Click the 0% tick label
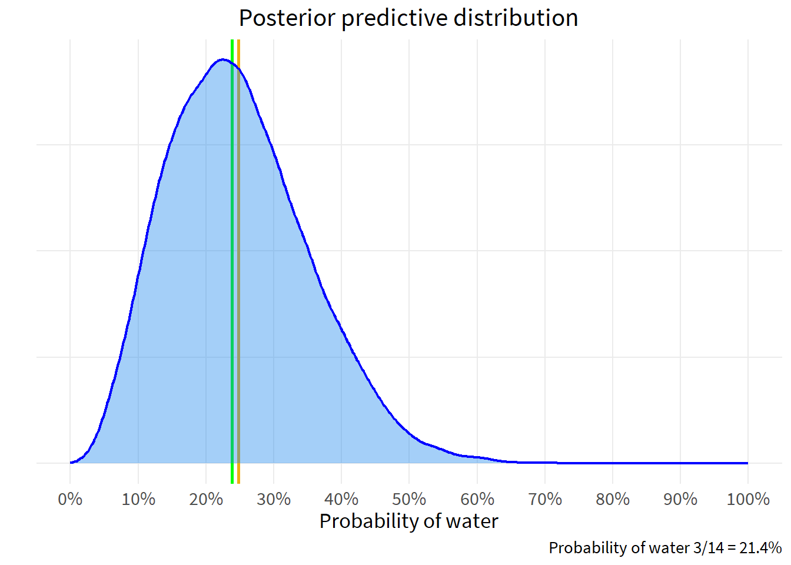point(70,500)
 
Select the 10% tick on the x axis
point(138,500)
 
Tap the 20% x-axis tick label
point(206,500)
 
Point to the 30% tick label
point(274,500)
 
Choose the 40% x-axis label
point(341,500)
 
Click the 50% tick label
point(409,500)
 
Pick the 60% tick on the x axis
point(477,500)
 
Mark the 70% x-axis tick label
point(545,500)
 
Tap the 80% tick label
point(613,500)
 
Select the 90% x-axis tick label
point(680,500)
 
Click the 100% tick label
point(748,500)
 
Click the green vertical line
point(232,265)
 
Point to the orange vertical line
point(238,265)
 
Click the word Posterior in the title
point(287,18)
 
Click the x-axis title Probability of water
point(408,521)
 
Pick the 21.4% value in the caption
point(760,548)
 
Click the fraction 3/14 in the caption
point(709,548)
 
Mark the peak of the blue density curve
point(222,59)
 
